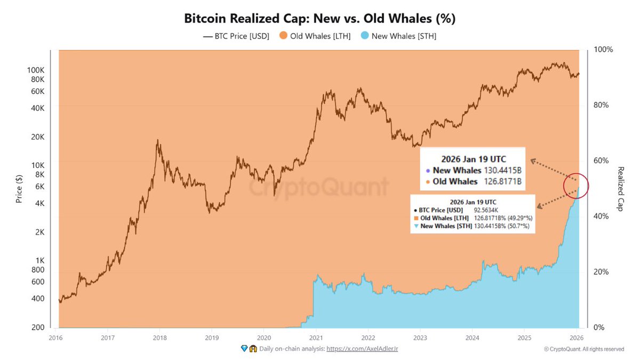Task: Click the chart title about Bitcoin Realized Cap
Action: coord(319,19)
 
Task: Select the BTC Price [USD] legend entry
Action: coord(236,36)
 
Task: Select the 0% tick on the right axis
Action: coord(600,327)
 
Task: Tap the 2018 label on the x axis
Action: coord(159,337)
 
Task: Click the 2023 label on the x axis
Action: coord(420,337)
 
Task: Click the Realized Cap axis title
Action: coord(621,189)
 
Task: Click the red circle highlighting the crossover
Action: coord(576,186)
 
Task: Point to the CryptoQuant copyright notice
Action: coord(583,349)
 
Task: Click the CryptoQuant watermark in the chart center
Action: coord(319,188)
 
